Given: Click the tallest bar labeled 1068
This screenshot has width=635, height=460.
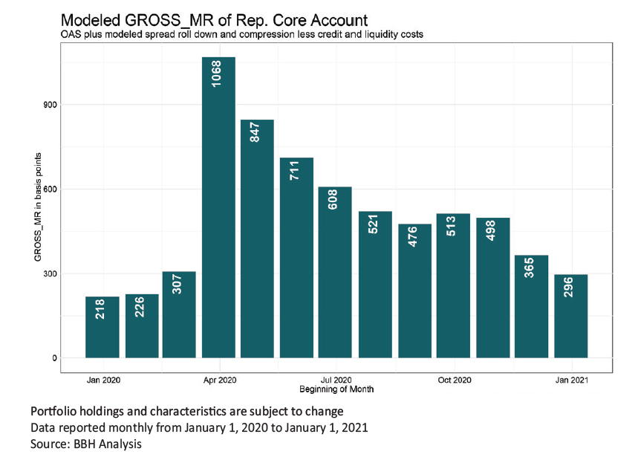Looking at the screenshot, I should point(218,208).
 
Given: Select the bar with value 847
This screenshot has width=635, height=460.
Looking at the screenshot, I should point(257,238).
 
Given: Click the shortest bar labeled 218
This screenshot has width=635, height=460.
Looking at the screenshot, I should point(102,327).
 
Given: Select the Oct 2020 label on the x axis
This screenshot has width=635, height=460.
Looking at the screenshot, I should point(454,380).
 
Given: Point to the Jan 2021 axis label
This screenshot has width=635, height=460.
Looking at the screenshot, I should point(571,380).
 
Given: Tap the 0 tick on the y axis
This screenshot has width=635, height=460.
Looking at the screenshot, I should point(53,358).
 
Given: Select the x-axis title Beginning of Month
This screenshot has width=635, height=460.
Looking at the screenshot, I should point(336,389).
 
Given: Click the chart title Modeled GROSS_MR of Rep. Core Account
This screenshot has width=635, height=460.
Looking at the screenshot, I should point(213,19).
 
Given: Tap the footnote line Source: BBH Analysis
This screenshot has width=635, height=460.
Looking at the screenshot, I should point(85,444).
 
